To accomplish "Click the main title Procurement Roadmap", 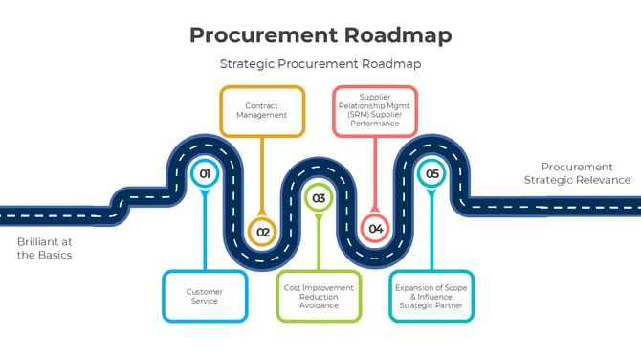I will click(320, 34).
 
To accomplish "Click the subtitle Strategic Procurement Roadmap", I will click(320, 64).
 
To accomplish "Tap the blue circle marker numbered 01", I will click(203, 174).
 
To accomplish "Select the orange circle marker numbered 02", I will click(263, 231).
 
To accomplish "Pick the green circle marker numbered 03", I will click(318, 199).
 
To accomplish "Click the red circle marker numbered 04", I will click(375, 229).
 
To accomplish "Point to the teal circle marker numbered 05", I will click(431, 174).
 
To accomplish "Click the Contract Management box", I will click(262, 111).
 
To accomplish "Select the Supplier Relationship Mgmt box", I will click(375, 111).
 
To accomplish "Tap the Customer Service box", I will click(204, 296).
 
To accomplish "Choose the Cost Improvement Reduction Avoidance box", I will click(319, 296).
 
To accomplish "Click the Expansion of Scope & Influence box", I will click(431, 296).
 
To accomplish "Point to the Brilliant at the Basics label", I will click(44, 248).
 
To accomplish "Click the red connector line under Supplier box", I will click(375, 172).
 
